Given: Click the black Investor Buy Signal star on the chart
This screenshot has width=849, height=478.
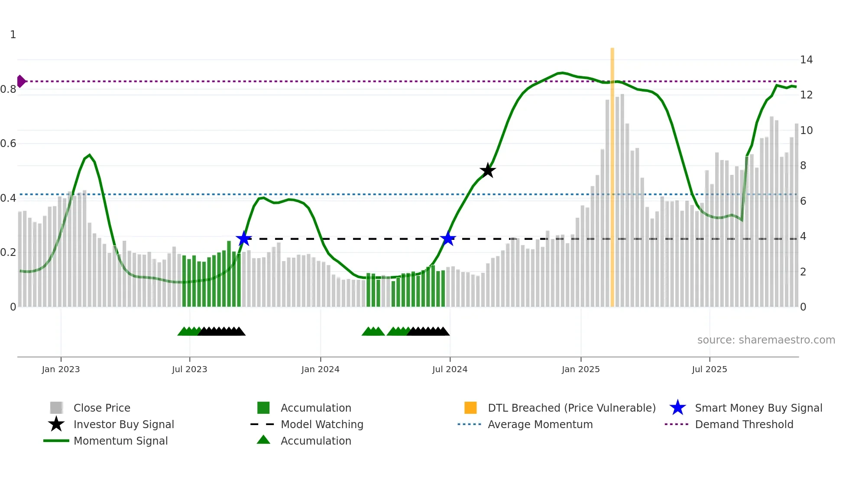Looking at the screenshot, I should point(488,170).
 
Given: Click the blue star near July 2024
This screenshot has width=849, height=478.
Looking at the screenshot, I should point(448,239).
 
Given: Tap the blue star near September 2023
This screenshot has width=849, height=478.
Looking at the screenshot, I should point(244,239).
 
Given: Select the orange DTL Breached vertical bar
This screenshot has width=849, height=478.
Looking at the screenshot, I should point(612,174).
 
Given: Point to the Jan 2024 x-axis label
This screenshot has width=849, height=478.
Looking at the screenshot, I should point(320,369).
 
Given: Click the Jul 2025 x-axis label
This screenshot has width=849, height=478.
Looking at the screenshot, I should point(709,369).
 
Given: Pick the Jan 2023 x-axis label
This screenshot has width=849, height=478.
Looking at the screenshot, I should point(61,369).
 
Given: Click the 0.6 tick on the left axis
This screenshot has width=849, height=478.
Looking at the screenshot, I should point(8,144).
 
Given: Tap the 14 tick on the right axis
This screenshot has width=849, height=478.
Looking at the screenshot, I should point(806,60).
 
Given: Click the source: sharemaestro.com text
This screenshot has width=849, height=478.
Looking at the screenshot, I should point(766,340).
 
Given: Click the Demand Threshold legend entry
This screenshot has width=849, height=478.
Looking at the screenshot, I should point(744,424).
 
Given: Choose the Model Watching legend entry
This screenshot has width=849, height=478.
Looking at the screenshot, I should point(322,424).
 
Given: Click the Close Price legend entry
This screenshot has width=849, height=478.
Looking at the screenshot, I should point(102,408).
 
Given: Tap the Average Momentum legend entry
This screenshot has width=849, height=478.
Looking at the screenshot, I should point(540,424).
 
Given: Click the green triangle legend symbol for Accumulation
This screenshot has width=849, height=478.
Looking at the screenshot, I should point(263,440).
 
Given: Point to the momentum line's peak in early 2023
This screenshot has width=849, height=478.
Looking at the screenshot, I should point(89,155).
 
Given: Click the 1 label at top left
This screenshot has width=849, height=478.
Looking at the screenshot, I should point(13,35).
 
